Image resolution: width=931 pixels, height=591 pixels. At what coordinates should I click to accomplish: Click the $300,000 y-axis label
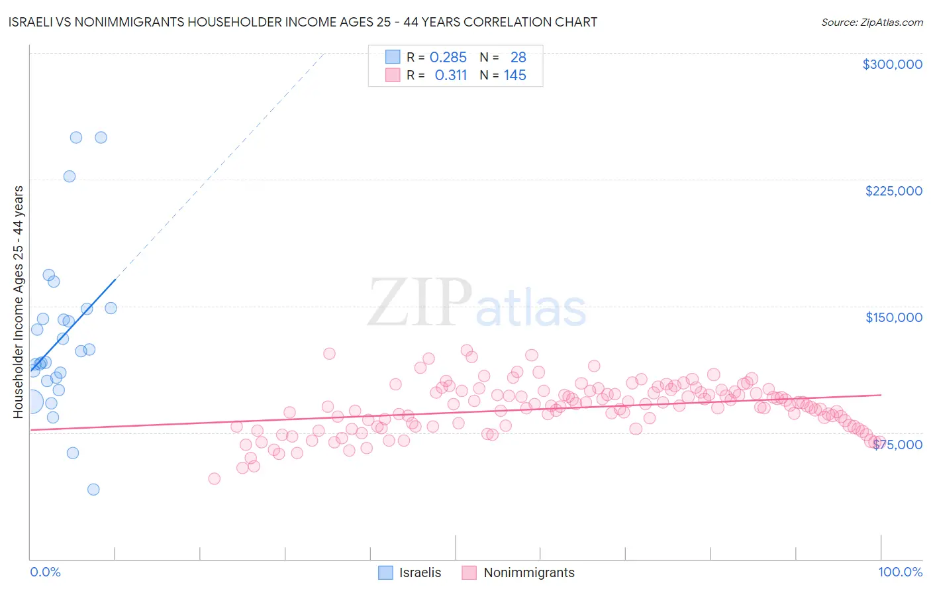[892, 64]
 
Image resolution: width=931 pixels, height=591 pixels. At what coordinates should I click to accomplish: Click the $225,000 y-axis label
[893, 191]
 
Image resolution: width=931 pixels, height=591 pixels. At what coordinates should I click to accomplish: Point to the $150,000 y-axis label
[893, 317]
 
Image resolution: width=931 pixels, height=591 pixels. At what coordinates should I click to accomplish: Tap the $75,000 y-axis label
[897, 445]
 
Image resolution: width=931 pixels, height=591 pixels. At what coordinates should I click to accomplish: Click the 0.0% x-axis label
[45, 572]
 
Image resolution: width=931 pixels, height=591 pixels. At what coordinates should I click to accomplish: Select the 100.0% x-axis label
[900, 572]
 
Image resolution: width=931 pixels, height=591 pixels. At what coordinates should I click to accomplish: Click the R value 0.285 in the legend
[448, 58]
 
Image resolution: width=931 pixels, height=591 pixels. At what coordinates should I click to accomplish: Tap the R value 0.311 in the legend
[450, 76]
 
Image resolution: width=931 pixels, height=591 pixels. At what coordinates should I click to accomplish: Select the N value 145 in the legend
[514, 76]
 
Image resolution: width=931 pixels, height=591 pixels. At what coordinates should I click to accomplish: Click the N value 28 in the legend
[518, 58]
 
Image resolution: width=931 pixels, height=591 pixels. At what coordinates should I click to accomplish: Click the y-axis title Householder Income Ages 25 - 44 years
[19, 302]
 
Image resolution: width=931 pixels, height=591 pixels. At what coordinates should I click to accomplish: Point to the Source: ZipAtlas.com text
[871, 23]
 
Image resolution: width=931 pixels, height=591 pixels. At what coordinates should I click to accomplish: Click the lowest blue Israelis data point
[93, 490]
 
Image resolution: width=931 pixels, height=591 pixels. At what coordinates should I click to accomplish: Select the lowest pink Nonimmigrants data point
[214, 478]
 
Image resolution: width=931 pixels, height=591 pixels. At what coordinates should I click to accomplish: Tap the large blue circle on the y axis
[30, 402]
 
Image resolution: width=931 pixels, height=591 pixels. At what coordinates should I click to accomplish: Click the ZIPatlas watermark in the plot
[477, 303]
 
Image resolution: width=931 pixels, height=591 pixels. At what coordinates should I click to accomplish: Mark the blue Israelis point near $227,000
[70, 176]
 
